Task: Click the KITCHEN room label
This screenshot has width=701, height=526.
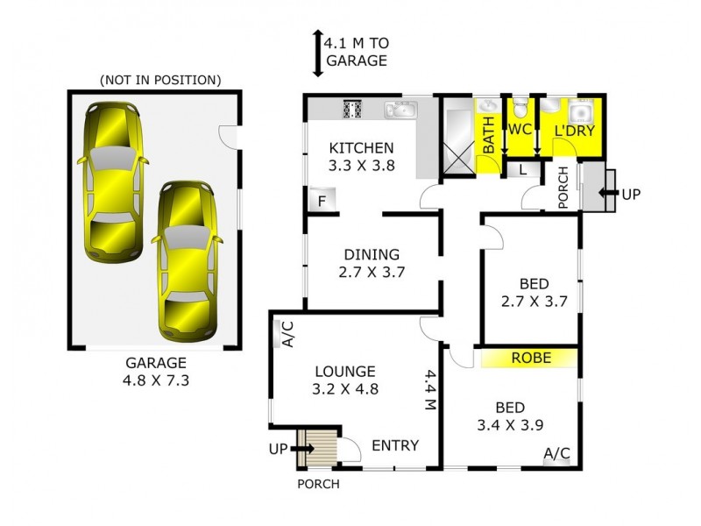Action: click(361, 147)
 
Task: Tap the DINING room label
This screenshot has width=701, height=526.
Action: click(372, 255)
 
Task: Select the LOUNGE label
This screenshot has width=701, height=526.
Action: click(345, 371)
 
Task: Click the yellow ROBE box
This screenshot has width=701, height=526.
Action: click(530, 358)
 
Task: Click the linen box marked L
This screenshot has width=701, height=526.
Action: click(523, 169)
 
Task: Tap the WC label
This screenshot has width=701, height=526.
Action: click(520, 130)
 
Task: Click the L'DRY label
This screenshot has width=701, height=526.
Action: click(575, 131)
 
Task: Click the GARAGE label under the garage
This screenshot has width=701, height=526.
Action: click(156, 362)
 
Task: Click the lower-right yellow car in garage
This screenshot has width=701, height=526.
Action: click(187, 260)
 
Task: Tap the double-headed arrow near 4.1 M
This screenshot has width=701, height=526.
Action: click(316, 51)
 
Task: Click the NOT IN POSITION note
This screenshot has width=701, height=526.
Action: click(159, 80)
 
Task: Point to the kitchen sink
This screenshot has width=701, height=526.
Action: click(400, 110)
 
